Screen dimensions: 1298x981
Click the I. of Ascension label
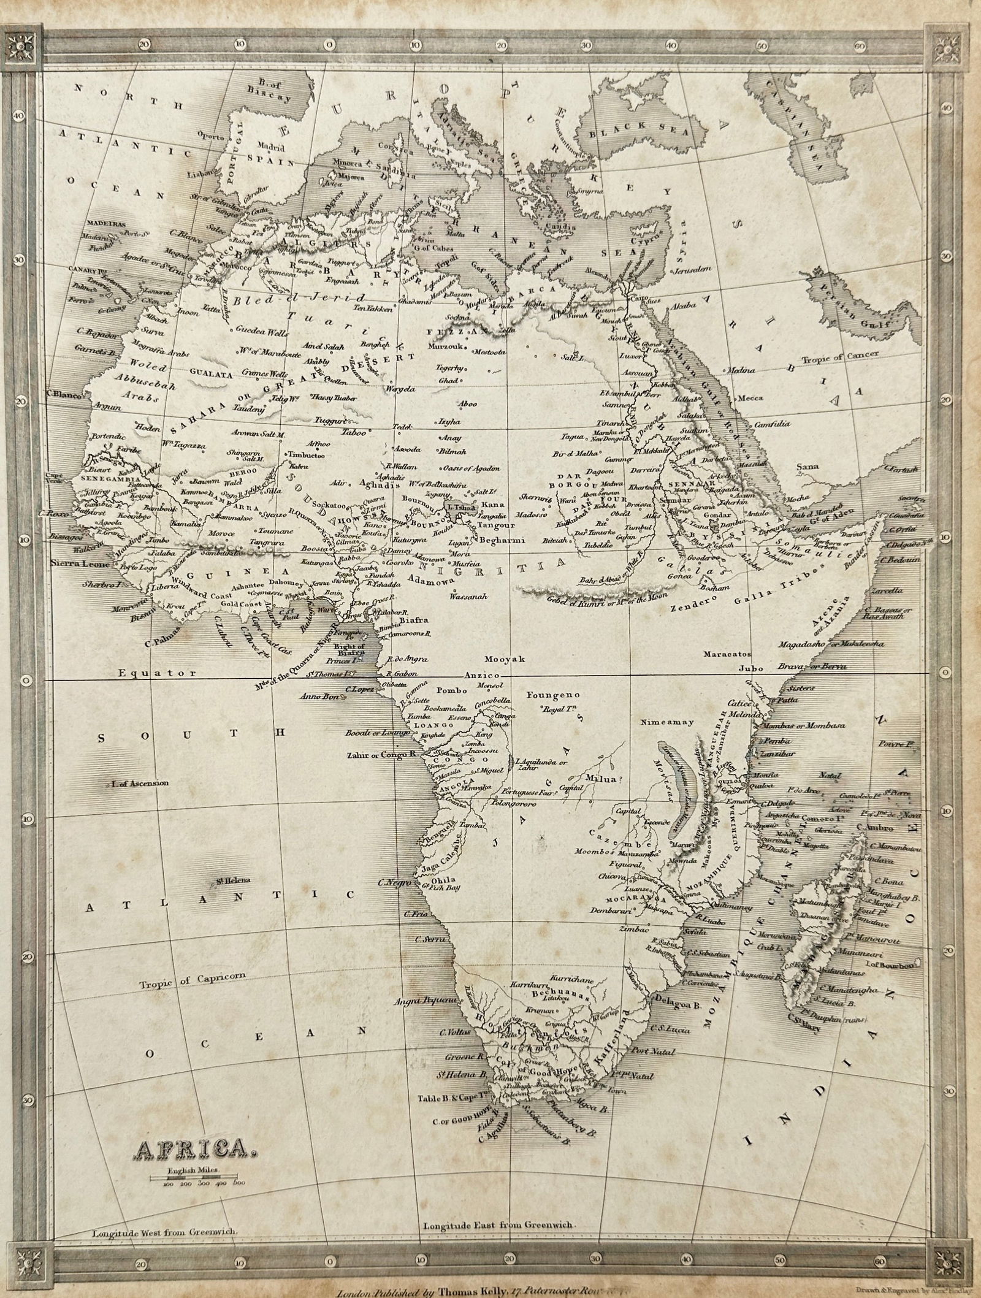(x=140, y=783)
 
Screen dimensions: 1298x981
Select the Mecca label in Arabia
(x=750, y=398)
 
